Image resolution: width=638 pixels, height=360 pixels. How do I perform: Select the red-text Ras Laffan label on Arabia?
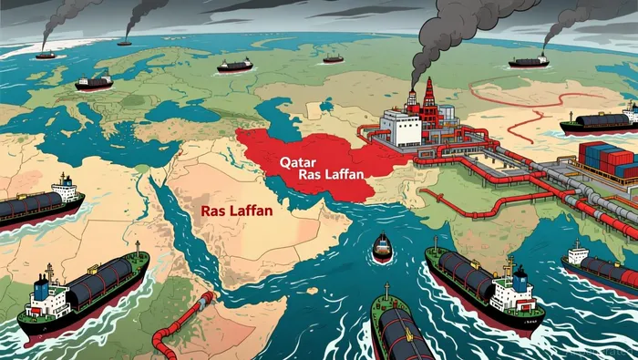point(240,210)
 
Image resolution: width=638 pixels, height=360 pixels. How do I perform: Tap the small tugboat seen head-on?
point(382,245)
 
